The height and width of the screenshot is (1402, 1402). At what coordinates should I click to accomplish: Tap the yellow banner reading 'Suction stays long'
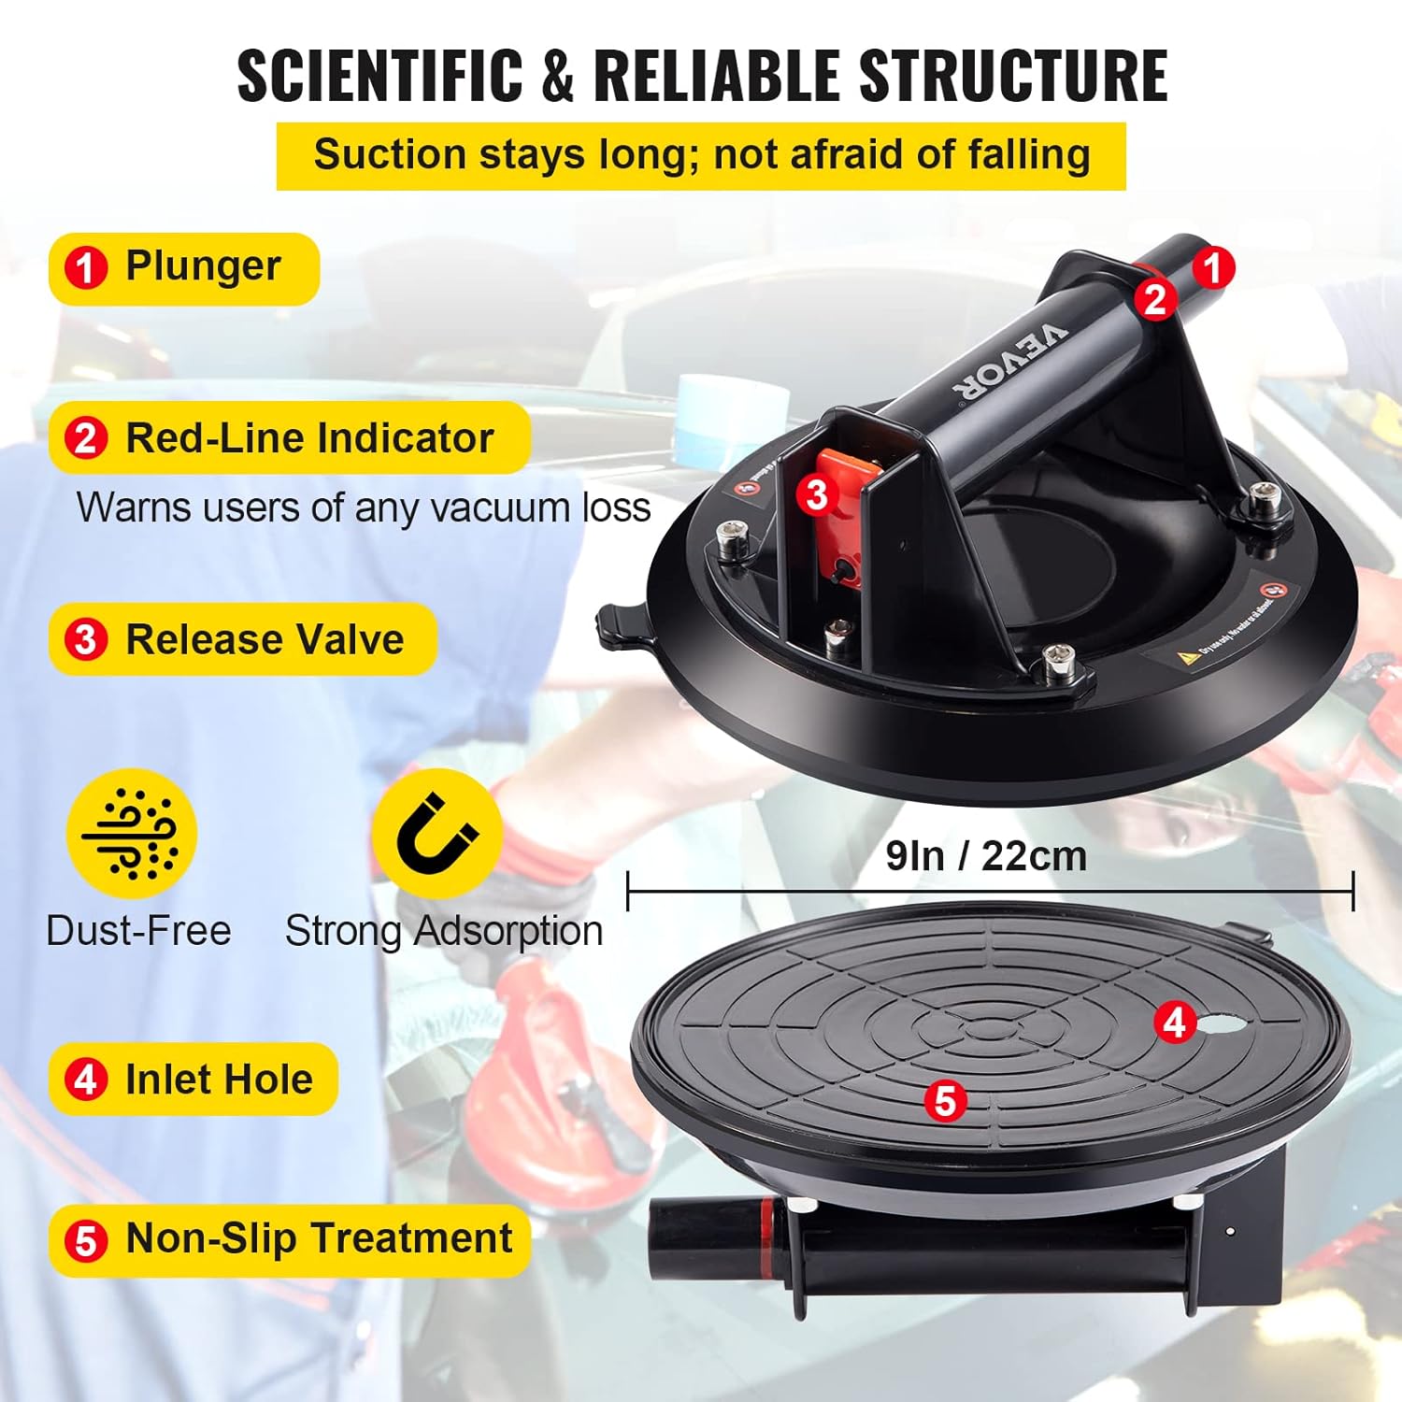[701, 156]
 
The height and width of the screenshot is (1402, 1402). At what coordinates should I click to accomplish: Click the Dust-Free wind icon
[131, 834]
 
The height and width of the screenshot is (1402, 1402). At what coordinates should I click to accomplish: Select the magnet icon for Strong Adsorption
[436, 834]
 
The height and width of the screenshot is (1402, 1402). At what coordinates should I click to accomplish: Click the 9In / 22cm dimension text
[986, 856]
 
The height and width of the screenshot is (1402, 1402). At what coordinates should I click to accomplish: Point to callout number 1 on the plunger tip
[1212, 268]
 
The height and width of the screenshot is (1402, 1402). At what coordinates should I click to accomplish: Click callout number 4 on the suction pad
[1174, 1023]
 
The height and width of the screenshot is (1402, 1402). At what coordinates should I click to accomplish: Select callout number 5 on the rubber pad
[945, 1101]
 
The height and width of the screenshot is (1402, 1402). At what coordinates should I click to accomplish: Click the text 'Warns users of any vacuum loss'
[364, 508]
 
